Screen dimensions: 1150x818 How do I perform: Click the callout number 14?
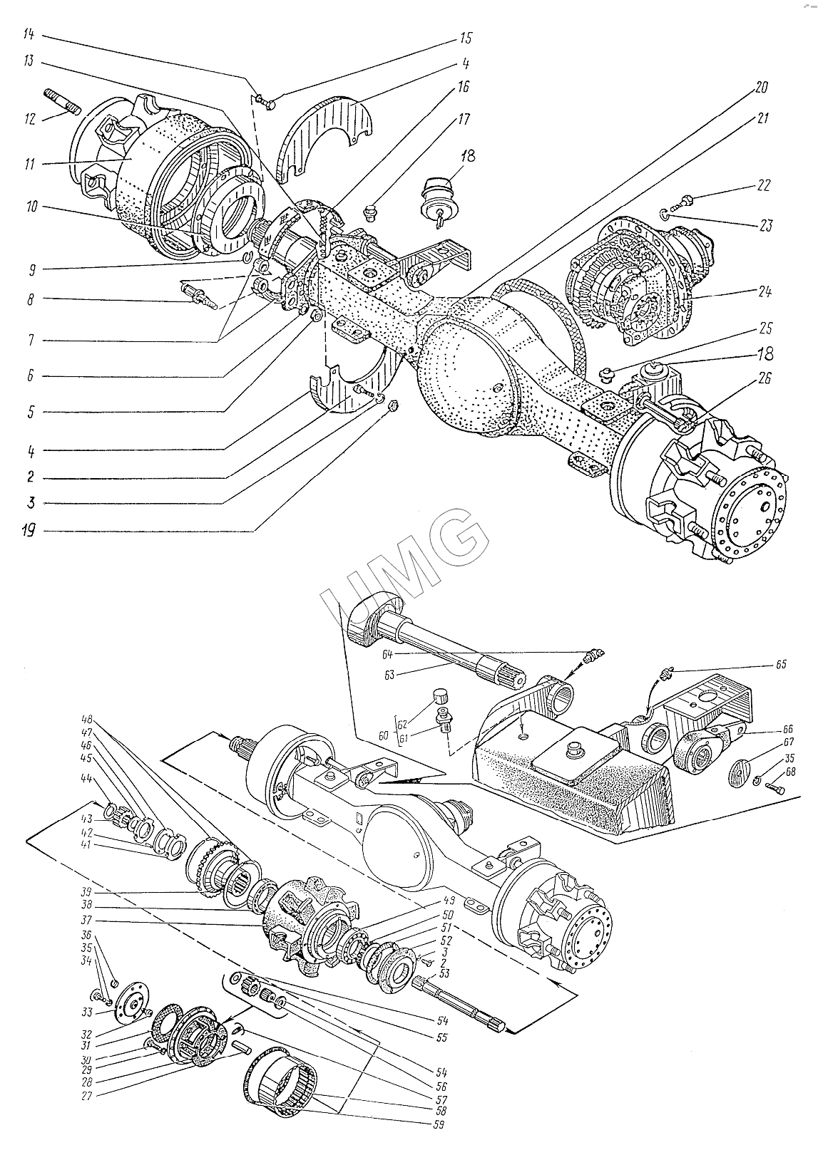coord(29,34)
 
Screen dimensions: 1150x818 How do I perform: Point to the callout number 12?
coord(29,120)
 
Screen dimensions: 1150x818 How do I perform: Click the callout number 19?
coord(29,531)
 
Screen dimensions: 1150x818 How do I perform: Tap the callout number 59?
coord(436,1125)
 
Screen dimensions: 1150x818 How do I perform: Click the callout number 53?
coord(444,973)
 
